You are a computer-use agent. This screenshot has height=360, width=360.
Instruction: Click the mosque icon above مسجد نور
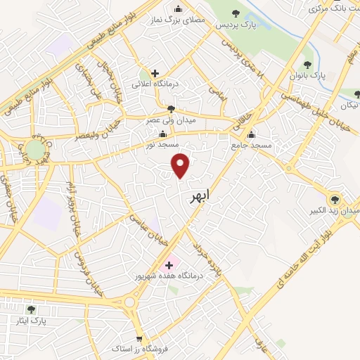click(164, 134)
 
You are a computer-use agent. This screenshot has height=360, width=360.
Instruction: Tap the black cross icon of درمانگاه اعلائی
click(155, 72)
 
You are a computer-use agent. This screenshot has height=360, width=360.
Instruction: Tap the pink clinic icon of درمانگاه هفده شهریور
click(168, 266)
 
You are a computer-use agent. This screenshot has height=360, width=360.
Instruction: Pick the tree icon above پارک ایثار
click(30, 309)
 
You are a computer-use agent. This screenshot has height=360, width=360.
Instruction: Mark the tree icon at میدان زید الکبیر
click(334, 199)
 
